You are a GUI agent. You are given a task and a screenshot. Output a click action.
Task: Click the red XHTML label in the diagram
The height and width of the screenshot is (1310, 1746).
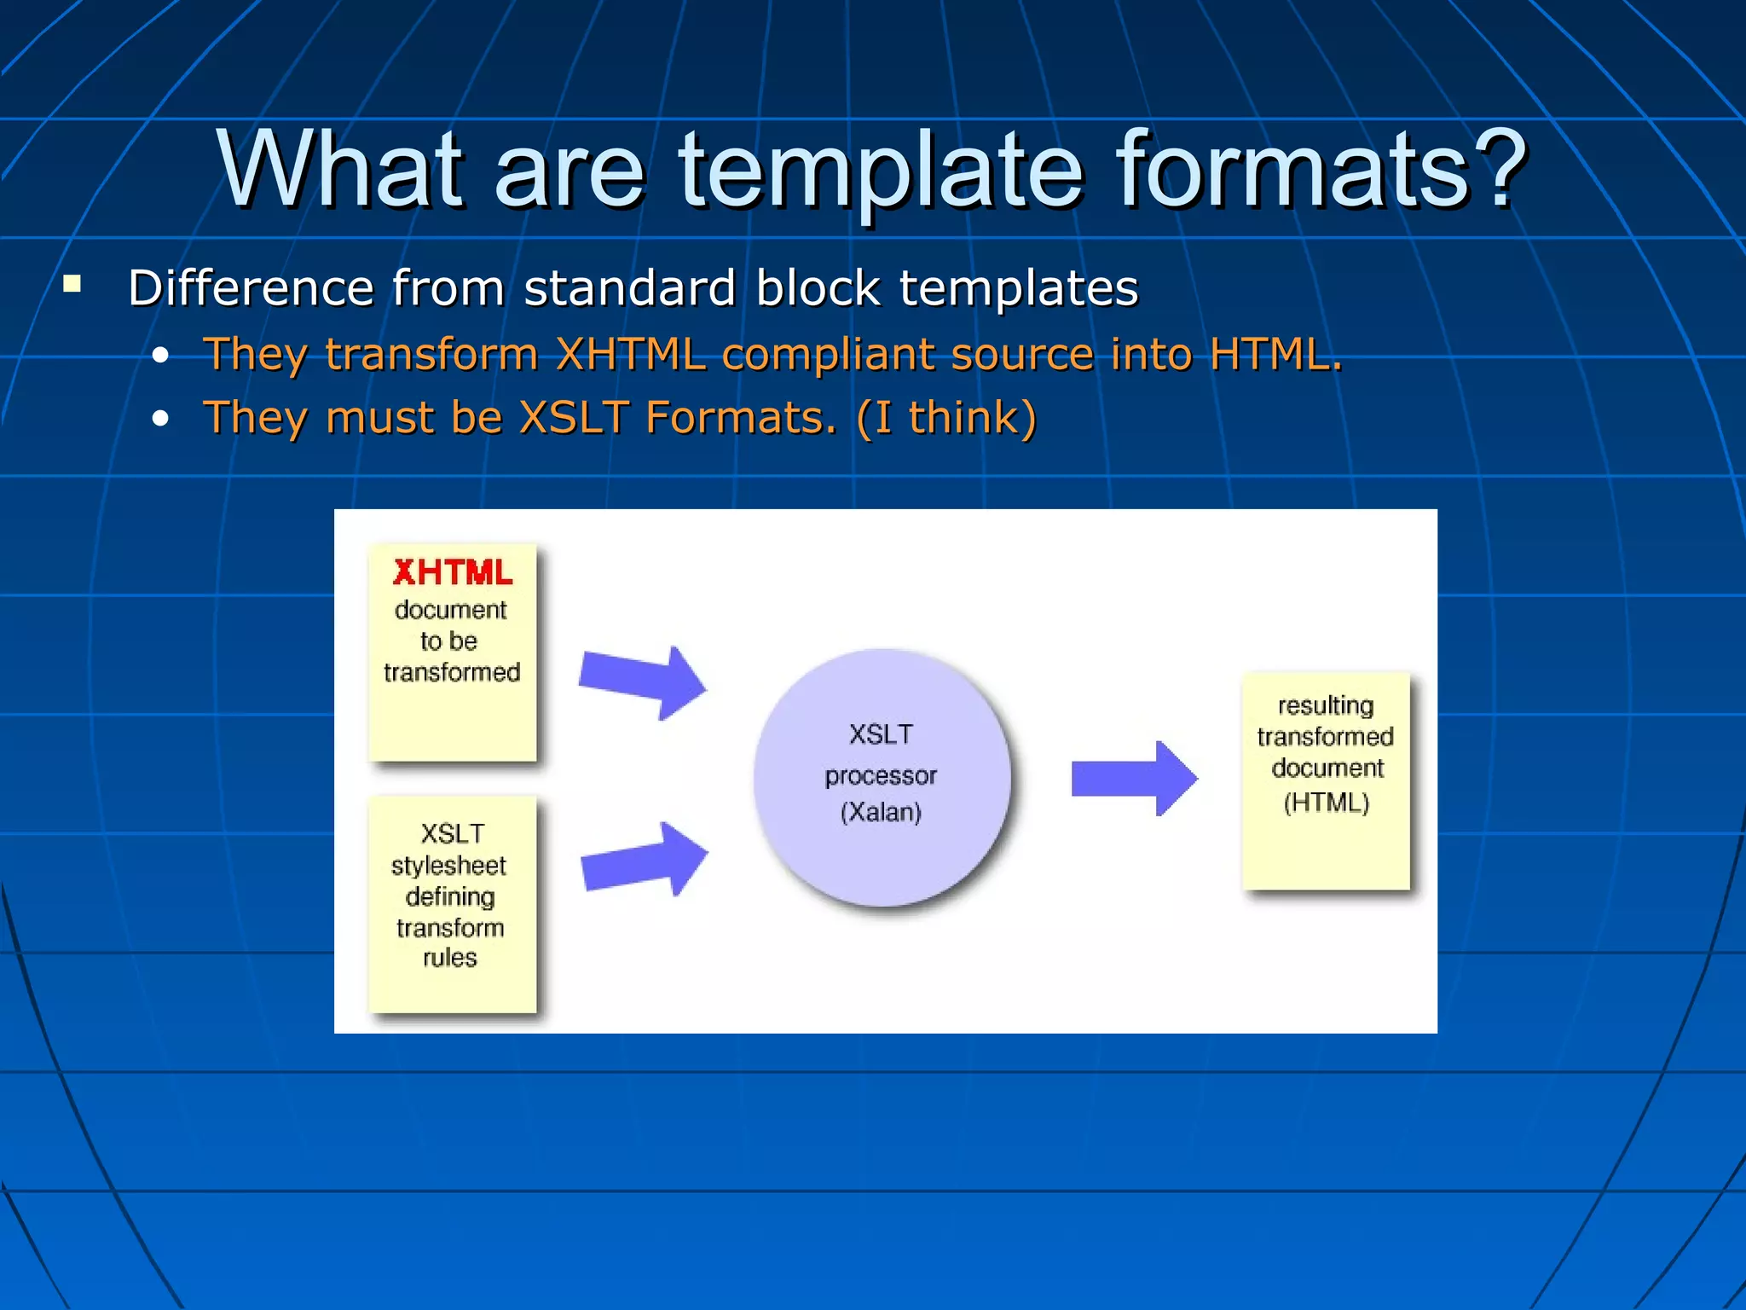point(453,572)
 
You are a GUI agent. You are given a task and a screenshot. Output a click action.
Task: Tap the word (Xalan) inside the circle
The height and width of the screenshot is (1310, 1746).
point(881,811)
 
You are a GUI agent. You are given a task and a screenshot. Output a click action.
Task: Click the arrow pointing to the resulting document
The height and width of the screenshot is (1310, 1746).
point(1134,778)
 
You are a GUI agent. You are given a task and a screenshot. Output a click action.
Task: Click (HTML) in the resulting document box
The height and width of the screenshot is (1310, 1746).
point(1326,802)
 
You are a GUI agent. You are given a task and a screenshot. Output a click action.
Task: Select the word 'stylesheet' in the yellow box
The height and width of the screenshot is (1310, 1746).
point(448,866)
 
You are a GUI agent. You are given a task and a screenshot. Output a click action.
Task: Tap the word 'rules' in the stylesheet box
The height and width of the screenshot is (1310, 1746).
point(449,958)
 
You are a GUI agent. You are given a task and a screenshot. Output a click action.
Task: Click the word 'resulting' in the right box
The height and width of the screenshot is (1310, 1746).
point(1326,705)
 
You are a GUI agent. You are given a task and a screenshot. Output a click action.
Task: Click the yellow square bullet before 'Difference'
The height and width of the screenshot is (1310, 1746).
point(72,284)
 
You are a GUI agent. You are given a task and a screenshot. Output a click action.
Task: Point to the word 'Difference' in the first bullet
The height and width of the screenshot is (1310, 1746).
point(251,287)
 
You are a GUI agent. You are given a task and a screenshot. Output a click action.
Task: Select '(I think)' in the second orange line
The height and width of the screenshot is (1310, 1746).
point(946,418)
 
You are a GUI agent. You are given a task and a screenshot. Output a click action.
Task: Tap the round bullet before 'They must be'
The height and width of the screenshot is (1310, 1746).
point(160,419)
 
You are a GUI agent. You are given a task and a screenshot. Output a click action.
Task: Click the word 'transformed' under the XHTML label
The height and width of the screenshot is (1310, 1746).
point(452,672)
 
